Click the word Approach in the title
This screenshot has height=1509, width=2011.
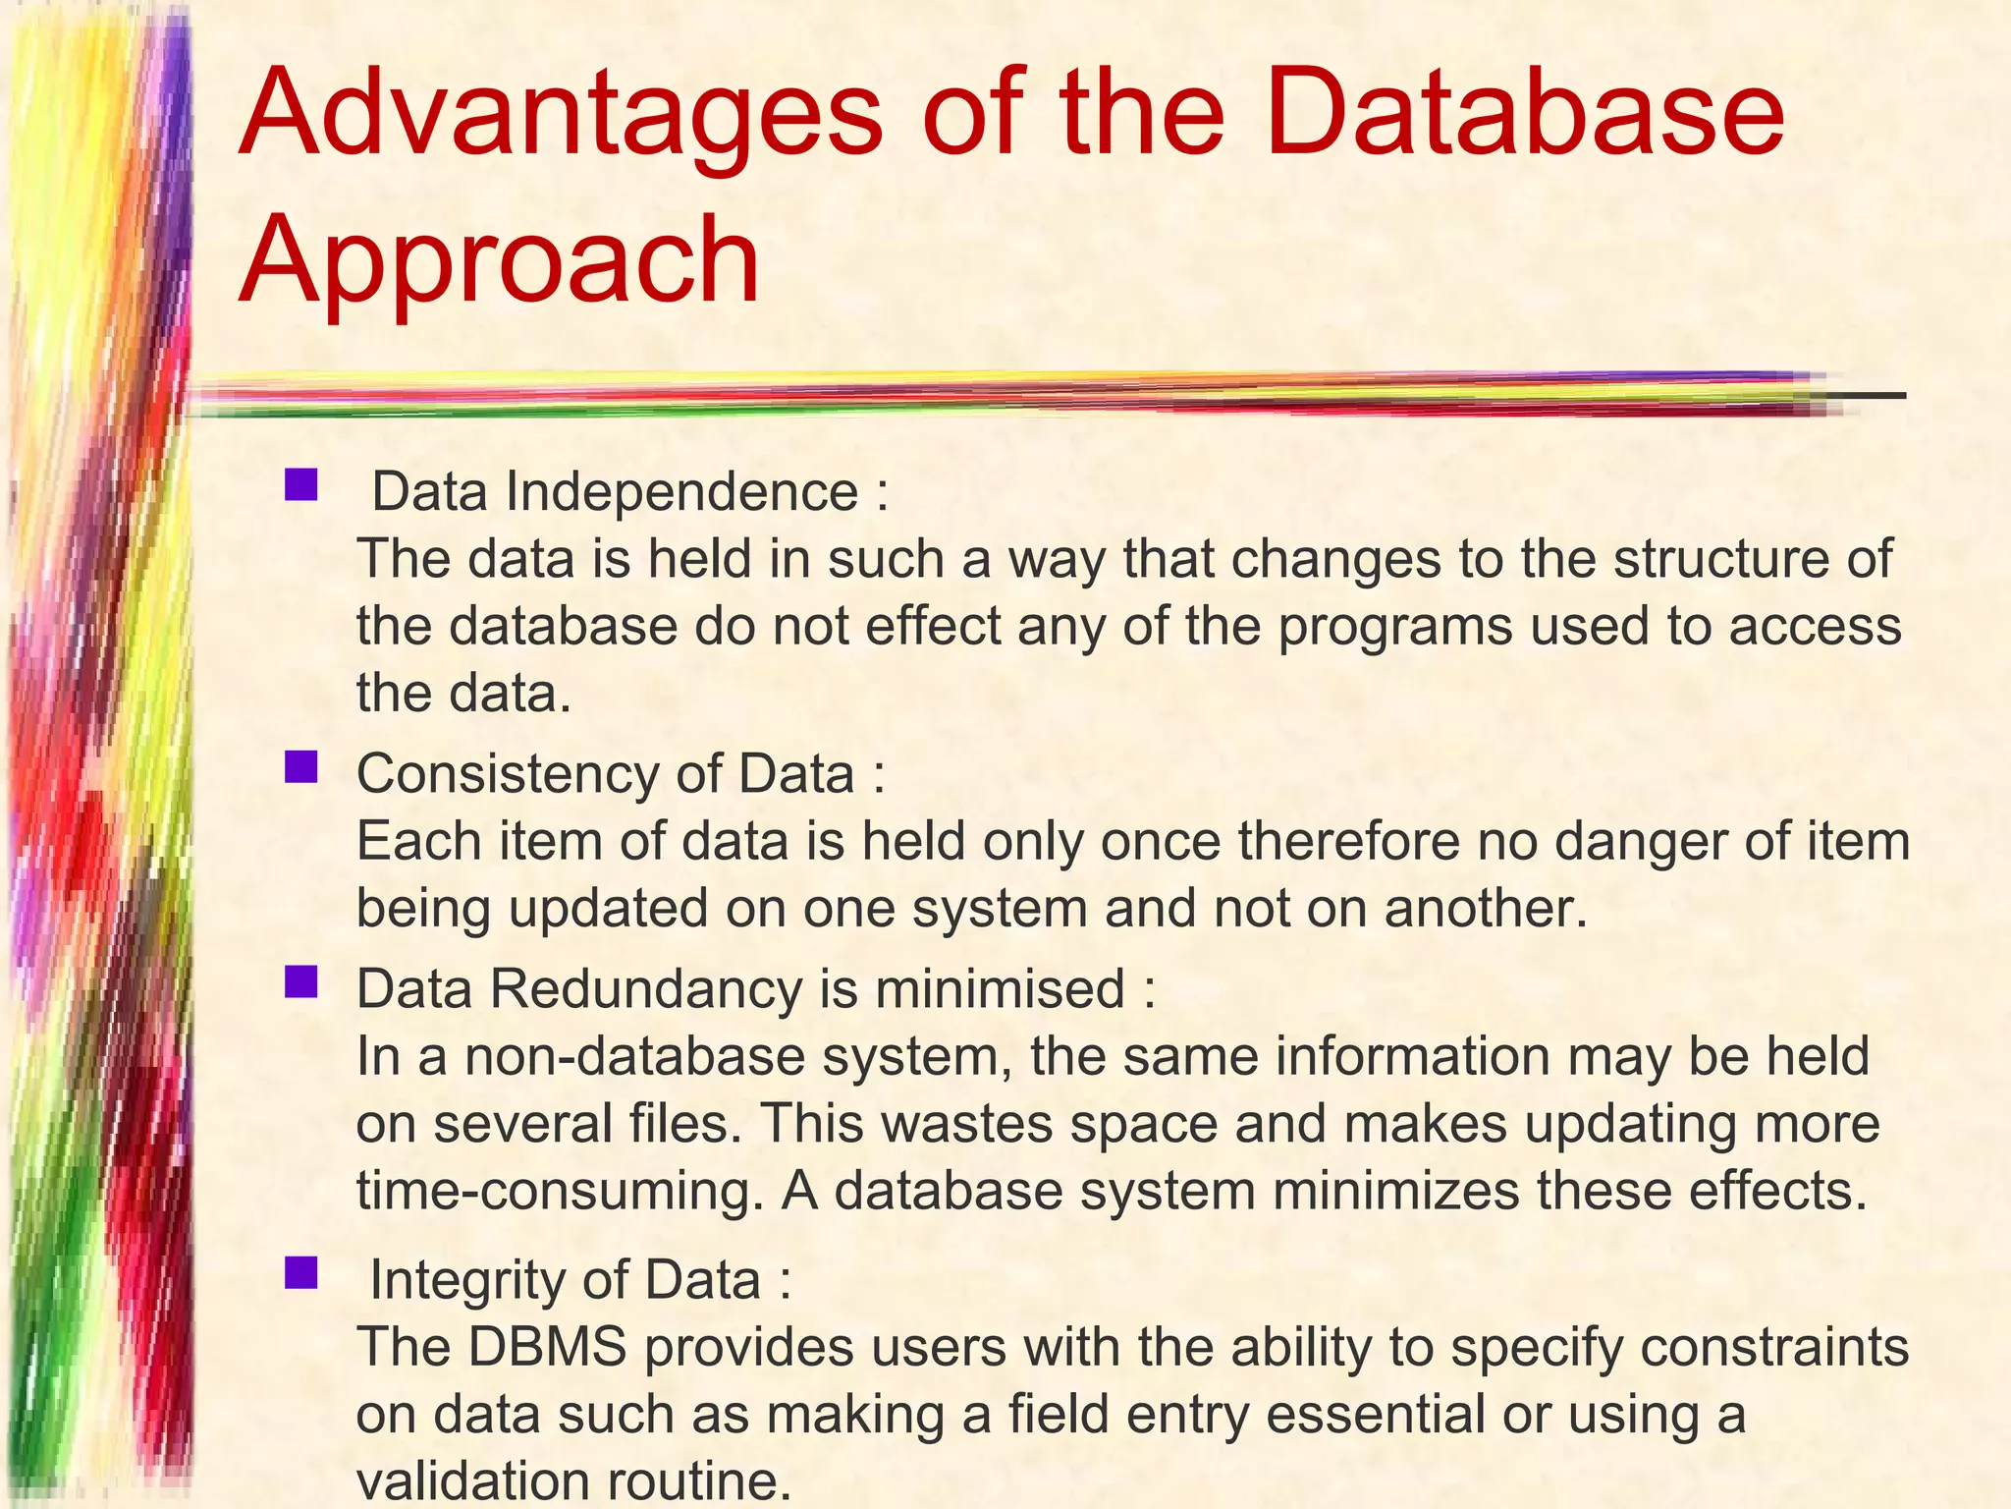(499, 261)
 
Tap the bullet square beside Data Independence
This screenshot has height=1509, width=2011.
(300, 485)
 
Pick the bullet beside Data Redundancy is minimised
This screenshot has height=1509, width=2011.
(300, 981)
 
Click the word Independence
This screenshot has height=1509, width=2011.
(682, 491)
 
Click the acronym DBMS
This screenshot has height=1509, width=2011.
(546, 1347)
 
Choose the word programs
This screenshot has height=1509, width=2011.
(1394, 627)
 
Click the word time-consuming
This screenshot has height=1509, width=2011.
(560, 1192)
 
